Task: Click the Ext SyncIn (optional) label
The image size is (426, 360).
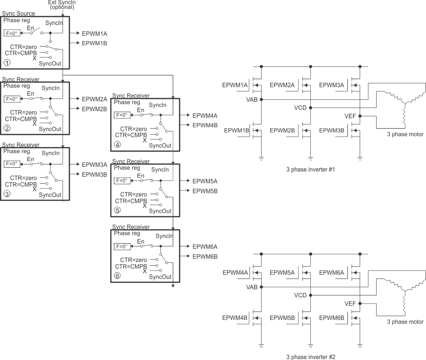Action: pos(62,5)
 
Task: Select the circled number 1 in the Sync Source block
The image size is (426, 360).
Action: pos(6,62)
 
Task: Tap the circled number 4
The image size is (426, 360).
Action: pos(117,145)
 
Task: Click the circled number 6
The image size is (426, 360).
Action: pos(117,276)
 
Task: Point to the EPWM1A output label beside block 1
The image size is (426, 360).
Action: pos(95,34)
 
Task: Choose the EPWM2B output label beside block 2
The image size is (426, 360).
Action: pos(95,108)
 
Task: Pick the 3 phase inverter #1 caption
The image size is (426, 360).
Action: pos(310,169)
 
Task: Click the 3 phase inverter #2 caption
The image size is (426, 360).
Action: pos(311,357)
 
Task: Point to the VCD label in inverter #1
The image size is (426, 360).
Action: pos(300,108)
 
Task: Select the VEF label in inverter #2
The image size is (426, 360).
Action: pos(350,303)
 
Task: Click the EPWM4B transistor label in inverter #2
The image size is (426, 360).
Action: pos(235,318)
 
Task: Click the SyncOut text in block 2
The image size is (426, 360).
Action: pos(50,129)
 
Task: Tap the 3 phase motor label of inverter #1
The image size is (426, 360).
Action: pos(405,134)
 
